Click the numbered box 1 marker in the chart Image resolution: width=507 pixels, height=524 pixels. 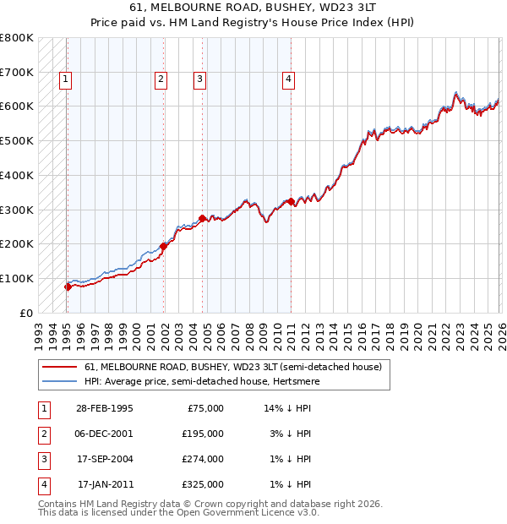(x=65, y=80)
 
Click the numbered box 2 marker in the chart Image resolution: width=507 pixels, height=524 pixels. (x=161, y=80)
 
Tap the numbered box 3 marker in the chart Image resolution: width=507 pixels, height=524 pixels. (x=199, y=80)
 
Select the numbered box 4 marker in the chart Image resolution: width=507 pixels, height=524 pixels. (x=288, y=80)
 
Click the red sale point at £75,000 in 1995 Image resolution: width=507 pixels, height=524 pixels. (x=68, y=287)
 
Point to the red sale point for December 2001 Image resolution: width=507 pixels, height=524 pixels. (x=163, y=246)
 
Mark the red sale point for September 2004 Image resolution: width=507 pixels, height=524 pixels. (x=203, y=218)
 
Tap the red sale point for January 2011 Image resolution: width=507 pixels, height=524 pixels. (x=292, y=201)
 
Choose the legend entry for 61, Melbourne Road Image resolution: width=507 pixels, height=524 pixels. (x=233, y=367)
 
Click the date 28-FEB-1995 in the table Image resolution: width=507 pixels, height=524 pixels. (x=104, y=408)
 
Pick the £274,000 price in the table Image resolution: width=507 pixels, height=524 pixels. (x=202, y=459)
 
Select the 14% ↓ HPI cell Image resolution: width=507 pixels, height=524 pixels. (x=287, y=408)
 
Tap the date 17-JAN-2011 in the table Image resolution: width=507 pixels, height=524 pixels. (x=104, y=485)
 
